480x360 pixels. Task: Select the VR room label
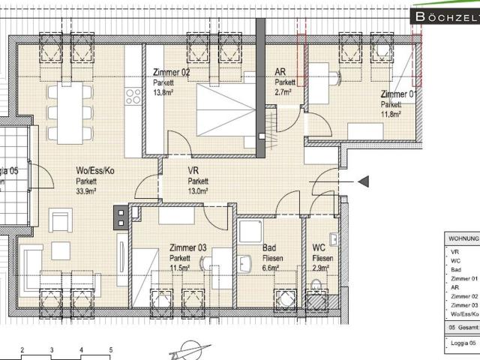point(193,170)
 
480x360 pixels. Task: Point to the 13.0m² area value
point(198,191)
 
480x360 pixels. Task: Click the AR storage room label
point(280,72)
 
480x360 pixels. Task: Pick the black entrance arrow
point(364,181)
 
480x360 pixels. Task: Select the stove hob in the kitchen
point(134,96)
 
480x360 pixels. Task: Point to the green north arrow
point(187,349)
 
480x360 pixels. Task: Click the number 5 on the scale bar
point(110,349)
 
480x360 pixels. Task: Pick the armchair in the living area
point(60,221)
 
